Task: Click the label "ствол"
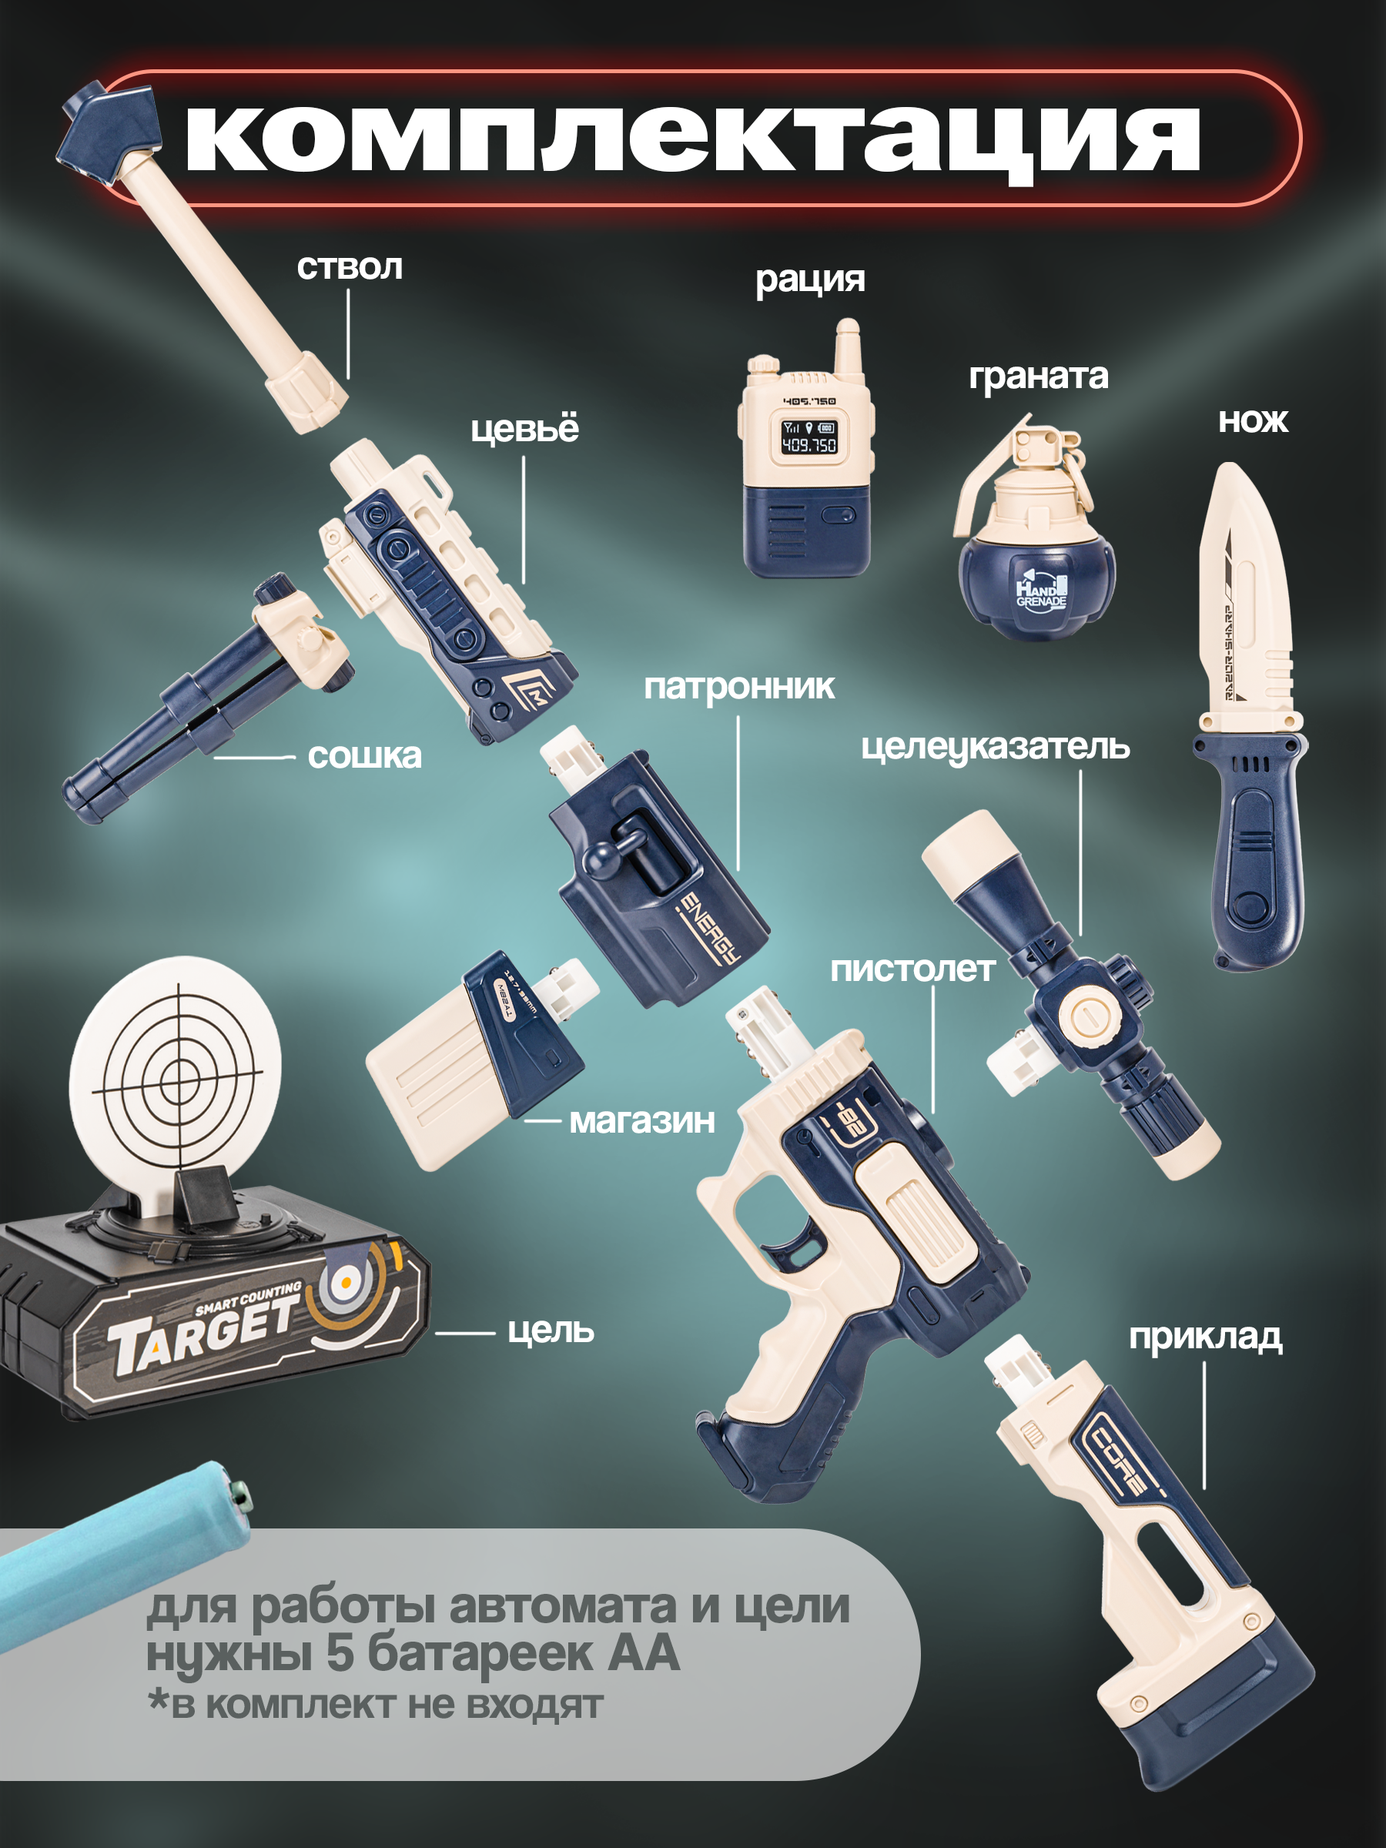(x=350, y=268)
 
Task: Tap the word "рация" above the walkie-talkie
(x=809, y=280)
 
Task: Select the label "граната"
(x=1039, y=377)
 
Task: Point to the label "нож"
(x=1253, y=420)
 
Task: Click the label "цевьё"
(x=524, y=430)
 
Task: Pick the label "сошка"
(x=364, y=756)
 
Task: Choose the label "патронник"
(x=738, y=687)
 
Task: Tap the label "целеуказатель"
(x=995, y=747)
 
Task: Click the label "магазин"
(x=641, y=1120)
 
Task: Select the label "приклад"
(x=1206, y=1337)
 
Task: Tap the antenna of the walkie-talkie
(x=848, y=350)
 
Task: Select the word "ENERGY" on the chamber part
(x=710, y=927)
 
